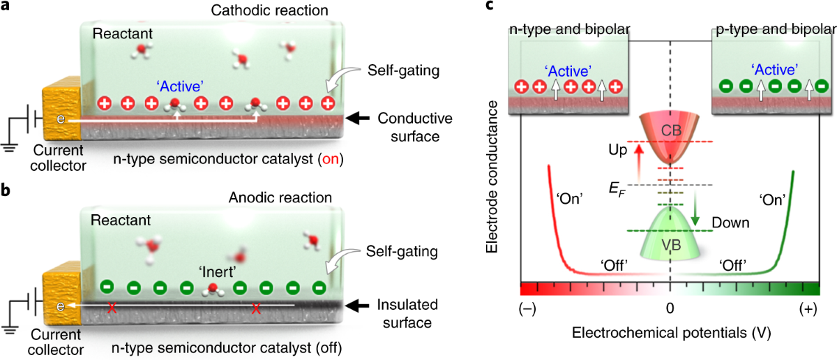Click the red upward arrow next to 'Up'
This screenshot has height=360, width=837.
coord(636,160)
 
